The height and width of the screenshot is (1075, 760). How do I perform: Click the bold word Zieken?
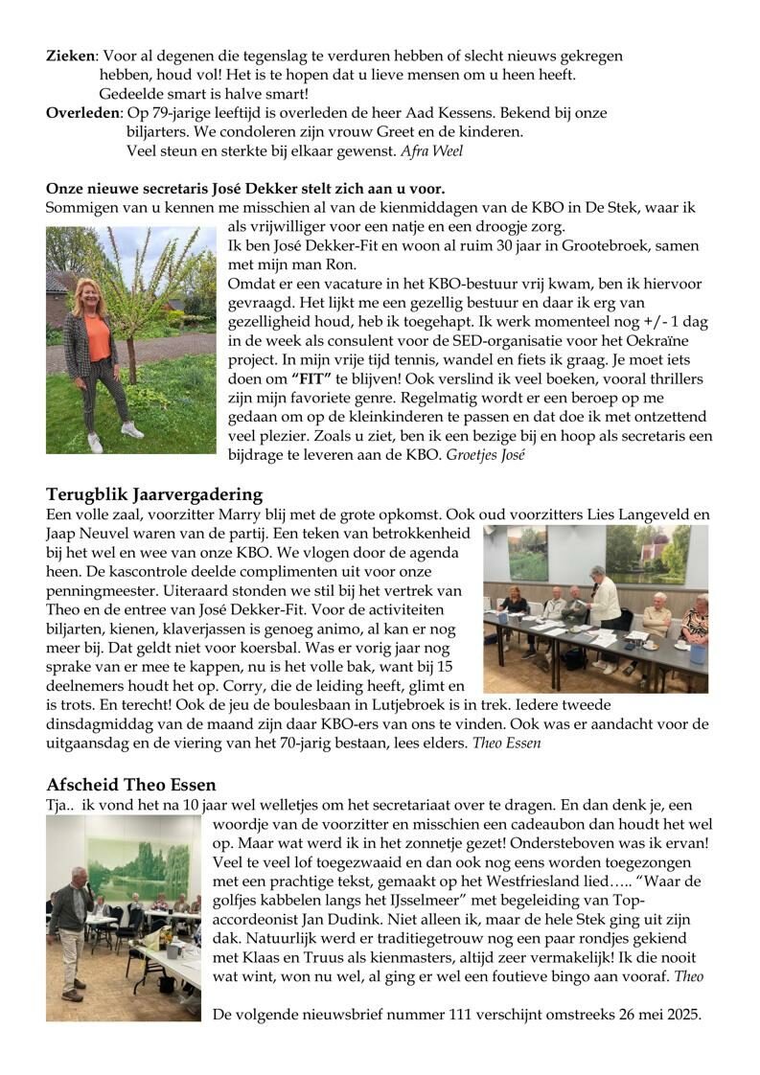[71, 57]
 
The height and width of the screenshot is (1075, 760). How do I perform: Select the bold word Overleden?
[83, 113]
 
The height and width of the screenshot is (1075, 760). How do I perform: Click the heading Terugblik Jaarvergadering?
[154, 494]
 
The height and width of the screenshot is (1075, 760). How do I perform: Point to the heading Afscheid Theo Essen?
[131, 786]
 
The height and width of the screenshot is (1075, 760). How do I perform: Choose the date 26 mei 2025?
[654, 1012]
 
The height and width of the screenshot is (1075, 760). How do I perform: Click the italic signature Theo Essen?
[514, 743]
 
